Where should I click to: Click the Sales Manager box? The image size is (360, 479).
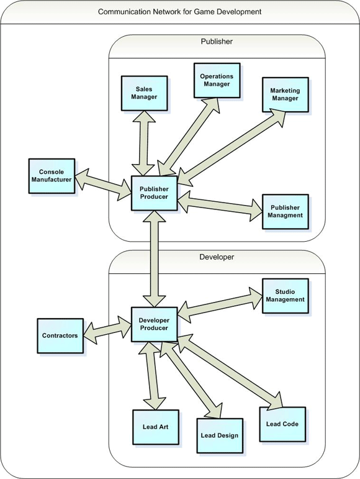(144, 93)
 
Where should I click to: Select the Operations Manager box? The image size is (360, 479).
(217, 80)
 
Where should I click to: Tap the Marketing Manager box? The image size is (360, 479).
(286, 94)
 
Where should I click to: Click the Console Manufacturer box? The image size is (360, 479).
(52, 176)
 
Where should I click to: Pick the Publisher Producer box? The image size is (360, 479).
(154, 193)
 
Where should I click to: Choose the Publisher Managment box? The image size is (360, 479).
(286, 211)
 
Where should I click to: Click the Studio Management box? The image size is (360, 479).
(286, 296)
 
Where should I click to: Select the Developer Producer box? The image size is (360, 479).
(154, 324)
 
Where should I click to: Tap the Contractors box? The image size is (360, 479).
(60, 335)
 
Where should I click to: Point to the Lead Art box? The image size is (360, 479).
(156, 427)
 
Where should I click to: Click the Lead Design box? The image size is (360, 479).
(220, 436)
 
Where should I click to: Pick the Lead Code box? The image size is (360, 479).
(282, 424)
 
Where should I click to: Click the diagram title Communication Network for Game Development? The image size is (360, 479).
(180, 12)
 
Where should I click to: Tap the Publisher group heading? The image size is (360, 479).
(217, 42)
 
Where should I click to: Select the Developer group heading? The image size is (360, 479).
(217, 257)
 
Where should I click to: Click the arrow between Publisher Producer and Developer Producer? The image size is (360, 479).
(155, 258)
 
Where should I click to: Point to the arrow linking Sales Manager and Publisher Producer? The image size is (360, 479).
(143, 143)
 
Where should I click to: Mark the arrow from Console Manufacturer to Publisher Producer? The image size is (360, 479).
(103, 184)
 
